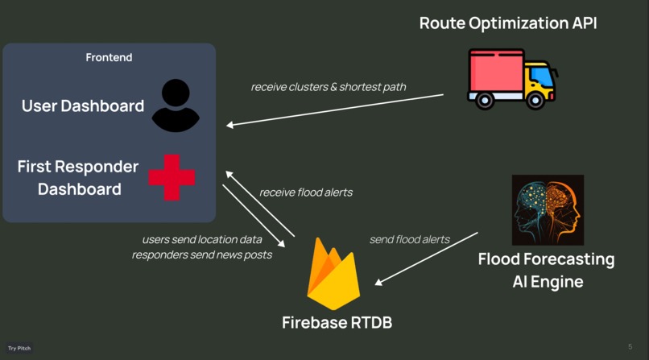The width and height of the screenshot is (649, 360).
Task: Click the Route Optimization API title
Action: (508, 23)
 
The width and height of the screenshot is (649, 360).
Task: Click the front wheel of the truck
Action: (534, 100)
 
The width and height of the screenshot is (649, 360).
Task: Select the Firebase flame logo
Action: (333, 274)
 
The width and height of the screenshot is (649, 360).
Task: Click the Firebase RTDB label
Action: (337, 322)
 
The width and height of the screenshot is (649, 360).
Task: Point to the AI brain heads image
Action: (548, 210)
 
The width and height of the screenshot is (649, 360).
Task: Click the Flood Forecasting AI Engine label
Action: (546, 271)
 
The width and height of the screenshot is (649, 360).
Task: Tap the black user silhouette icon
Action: (175, 106)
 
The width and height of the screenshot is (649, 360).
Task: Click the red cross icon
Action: (172, 176)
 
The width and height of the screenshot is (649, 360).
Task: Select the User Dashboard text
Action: (83, 106)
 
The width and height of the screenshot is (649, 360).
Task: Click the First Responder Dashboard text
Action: (78, 178)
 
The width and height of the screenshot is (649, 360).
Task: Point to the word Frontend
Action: (109, 57)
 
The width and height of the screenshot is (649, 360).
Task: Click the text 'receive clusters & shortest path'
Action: (329, 87)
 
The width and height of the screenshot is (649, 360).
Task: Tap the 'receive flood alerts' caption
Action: (305, 192)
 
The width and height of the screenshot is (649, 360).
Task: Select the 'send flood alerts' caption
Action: (409, 239)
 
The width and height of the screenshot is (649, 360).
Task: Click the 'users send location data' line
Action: (201, 239)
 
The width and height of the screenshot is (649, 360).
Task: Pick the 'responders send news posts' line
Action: (201, 254)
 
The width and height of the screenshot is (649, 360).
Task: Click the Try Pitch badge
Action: (19, 348)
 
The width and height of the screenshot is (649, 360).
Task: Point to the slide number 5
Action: (630, 347)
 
